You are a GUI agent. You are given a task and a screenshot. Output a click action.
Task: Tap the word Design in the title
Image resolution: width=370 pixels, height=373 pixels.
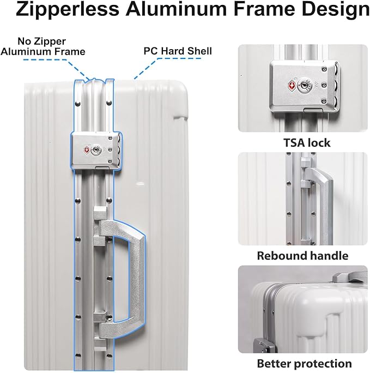point(333,10)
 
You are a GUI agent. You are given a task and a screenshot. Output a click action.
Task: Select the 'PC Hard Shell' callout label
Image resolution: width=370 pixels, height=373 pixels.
point(178,51)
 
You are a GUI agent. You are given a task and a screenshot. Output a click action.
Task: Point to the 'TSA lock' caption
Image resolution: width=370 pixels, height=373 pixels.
point(307,143)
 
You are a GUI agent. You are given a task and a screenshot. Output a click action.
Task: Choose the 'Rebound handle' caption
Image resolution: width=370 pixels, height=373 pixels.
point(302,255)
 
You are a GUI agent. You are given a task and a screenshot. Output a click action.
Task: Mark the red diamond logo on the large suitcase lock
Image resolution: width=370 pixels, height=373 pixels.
point(87,149)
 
